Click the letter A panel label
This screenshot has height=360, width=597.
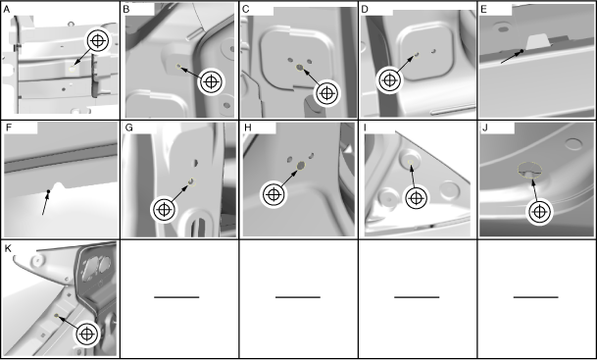pyautogui.click(x=6, y=10)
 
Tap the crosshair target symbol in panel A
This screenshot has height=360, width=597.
pyautogui.click(x=98, y=41)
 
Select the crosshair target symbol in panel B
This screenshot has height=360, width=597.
pyautogui.click(x=211, y=81)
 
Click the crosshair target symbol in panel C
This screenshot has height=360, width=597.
pyautogui.click(x=326, y=93)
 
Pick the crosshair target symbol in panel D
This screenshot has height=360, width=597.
pyautogui.click(x=389, y=80)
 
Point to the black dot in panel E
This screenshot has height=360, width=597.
pyautogui.click(x=522, y=51)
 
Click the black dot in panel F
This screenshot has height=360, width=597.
pyautogui.click(x=48, y=191)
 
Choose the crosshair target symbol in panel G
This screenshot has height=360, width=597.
pyautogui.click(x=164, y=210)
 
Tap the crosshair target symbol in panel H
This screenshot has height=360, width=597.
pyautogui.click(x=273, y=194)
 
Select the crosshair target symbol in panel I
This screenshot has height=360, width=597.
pyautogui.click(x=417, y=198)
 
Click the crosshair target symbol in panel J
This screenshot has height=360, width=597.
pyautogui.click(x=539, y=212)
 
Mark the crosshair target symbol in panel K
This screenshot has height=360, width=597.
pyautogui.click(x=87, y=334)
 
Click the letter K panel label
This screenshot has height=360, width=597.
pyautogui.click(x=7, y=248)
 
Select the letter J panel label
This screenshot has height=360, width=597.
pyautogui.click(x=484, y=128)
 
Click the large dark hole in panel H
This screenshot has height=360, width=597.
pyautogui.click(x=300, y=166)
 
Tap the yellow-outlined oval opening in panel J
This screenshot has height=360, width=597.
pyautogui.click(x=529, y=170)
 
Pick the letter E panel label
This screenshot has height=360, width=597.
pyautogui.click(x=484, y=10)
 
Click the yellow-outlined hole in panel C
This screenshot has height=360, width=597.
pyautogui.click(x=300, y=68)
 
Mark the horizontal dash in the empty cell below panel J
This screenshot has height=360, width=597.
pyautogui.click(x=535, y=297)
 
